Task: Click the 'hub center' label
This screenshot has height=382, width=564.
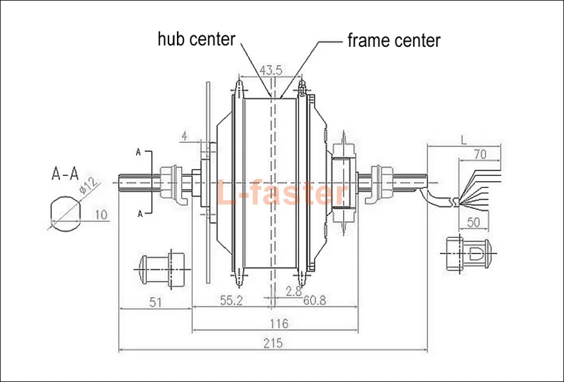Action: [196, 39]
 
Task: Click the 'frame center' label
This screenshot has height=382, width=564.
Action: [394, 40]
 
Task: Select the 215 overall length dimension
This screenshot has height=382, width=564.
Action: [274, 343]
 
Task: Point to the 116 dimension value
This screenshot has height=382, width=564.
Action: [277, 323]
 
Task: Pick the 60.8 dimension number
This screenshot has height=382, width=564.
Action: [314, 300]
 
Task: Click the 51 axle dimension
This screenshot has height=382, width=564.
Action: [155, 302]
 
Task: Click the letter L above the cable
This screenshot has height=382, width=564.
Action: [463, 140]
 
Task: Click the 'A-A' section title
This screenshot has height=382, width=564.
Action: [65, 174]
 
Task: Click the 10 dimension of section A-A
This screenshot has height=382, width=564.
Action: [101, 215]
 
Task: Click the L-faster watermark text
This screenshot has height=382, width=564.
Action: [280, 193]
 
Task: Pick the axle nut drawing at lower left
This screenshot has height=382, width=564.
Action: [161, 268]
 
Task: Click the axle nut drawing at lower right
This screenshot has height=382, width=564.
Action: [468, 254]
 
